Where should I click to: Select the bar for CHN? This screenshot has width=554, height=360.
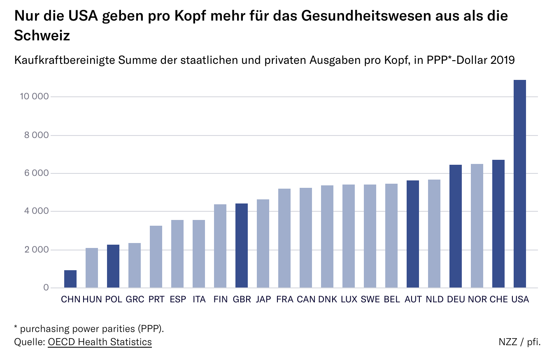tap(70, 279)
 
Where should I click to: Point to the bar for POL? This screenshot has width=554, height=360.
tap(113, 266)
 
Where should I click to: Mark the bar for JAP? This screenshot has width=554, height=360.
tap(263, 243)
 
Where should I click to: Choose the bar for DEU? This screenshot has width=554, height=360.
tap(456, 226)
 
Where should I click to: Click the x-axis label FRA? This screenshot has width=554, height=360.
tap(284, 299)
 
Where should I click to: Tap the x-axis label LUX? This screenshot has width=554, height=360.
tap(349, 299)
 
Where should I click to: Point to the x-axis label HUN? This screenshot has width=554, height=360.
tap(92, 299)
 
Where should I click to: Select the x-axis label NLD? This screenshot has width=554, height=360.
tap(434, 299)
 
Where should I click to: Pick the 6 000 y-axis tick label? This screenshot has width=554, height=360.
tap(37, 173)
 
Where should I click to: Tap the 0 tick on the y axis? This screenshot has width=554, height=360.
tap(46, 288)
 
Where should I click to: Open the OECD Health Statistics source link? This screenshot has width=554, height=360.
tap(100, 342)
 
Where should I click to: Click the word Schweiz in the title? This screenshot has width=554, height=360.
tap(42, 35)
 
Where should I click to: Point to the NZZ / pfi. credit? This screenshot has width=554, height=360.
tap(519, 342)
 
